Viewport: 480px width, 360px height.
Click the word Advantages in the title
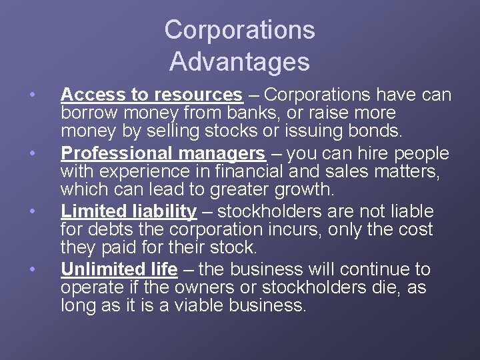point(239,61)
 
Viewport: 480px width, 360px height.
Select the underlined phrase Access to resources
point(151,95)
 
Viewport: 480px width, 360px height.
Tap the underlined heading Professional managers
point(163,153)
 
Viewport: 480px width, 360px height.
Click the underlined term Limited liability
point(129,211)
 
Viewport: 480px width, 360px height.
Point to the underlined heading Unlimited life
point(119,269)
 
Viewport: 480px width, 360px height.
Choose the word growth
point(299,189)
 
